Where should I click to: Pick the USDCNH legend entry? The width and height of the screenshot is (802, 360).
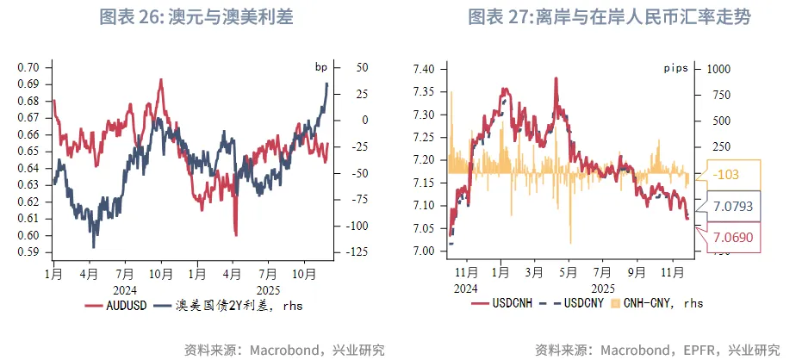tap(509, 304)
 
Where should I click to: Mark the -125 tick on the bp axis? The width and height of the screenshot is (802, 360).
tap(357, 252)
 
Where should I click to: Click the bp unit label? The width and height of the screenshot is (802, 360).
tap(322, 67)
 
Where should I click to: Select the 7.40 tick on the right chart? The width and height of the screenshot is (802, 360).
tap(427, 69)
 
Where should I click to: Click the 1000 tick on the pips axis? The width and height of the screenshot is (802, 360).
tap(721, 69)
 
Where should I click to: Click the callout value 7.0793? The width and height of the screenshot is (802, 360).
tap(733, 206)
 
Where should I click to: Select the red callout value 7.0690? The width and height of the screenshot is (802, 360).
tap(733, 236)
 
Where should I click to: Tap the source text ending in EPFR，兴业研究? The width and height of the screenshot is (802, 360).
tap(656, 350)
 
